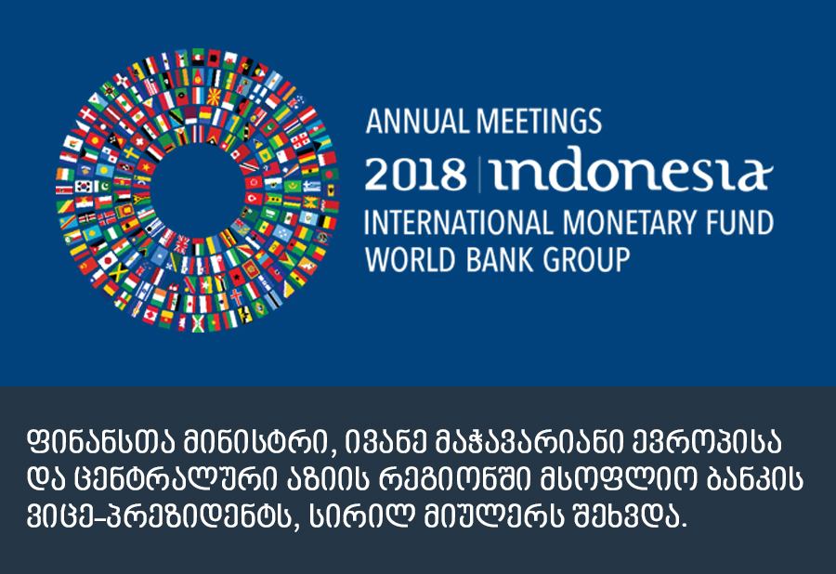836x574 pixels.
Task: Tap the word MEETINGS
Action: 539,121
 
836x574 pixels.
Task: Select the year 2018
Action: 416,174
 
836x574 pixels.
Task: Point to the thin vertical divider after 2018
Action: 479,175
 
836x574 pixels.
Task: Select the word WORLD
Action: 410,260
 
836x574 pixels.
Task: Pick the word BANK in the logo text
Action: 499,260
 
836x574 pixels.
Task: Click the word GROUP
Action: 586,260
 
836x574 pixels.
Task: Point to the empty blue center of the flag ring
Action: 198,189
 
